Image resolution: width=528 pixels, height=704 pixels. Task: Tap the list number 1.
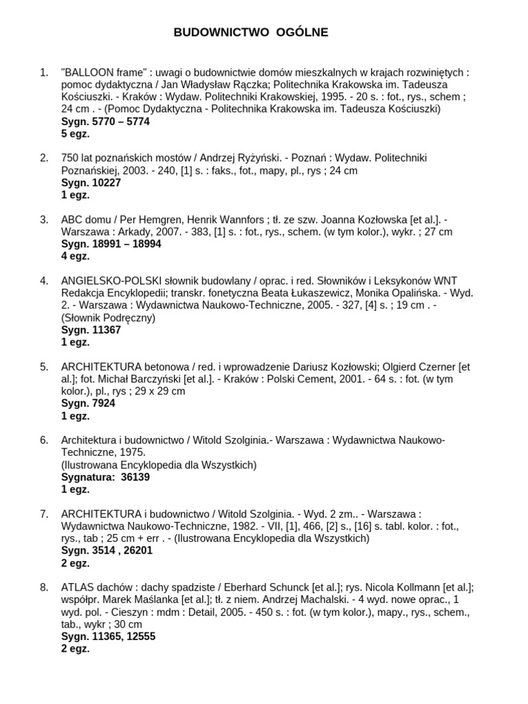[44, 72]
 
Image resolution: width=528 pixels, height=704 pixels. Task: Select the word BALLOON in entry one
[89, 72]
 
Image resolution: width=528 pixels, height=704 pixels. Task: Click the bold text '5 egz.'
[76, 133]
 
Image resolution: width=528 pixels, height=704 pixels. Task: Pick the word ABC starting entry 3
[71, 219]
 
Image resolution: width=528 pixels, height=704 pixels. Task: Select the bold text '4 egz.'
[76, 256]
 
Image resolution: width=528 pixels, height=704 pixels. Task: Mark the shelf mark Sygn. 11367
[91, 329]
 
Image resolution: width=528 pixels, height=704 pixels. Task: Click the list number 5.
[44, 366]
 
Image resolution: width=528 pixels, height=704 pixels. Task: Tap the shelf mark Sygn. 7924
[88, 404]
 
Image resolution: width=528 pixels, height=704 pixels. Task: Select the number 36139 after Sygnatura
[135, 476]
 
